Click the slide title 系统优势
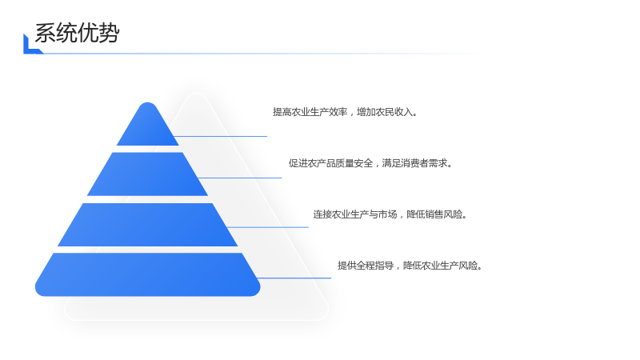click(77, 33)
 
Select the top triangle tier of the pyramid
click(148, 124)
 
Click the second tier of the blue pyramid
click(147, 174)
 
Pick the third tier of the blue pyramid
click(147, 225)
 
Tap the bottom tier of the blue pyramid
click(148, 274)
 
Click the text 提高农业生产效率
click(310, 112)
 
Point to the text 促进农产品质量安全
click(330, 163)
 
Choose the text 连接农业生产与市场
click(355, 214)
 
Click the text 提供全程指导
click(366, 266)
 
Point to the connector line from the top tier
click(221, 136)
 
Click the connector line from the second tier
click(239, 178)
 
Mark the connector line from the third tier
click(267, 227)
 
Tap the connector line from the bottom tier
click(294, 278)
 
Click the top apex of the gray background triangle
click(196, 94)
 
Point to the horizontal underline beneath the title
click(262, 54)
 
